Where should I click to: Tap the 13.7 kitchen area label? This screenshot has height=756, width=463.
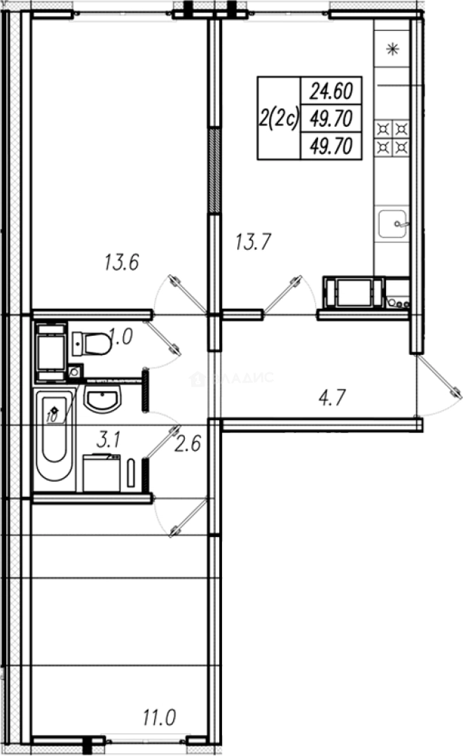(253, 243)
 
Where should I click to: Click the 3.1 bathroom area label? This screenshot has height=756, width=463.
(109, 440)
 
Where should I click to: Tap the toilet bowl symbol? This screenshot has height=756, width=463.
(92, 344)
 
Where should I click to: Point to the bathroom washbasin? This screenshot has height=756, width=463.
(102, 399)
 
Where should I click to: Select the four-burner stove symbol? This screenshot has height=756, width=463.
(393, 137)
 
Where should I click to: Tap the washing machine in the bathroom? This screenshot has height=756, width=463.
(102, 473)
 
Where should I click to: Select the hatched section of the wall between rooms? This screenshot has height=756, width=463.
(214, 170)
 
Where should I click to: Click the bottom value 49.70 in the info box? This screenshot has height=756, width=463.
(330, 146)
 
